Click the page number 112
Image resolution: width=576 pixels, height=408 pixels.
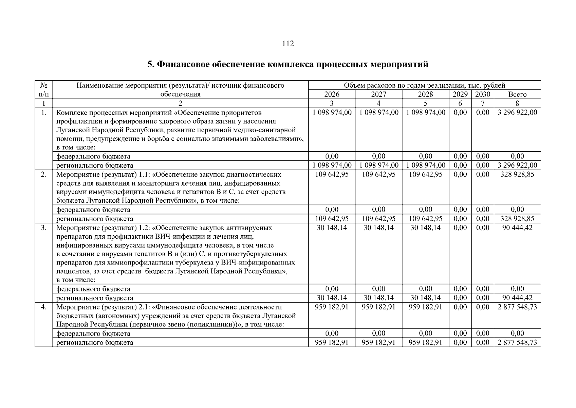coord(288,44)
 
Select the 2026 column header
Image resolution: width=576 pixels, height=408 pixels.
coord(332,94)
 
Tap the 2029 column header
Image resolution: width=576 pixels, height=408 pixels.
coord(460,94)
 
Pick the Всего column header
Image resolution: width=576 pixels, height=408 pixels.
coord(517,94)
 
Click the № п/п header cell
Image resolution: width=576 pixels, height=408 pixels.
coord(44,90)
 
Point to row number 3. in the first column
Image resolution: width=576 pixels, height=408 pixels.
coord(44,228)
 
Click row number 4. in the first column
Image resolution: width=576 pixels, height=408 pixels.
coord(44,307)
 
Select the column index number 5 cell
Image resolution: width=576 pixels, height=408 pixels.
coord(425,103)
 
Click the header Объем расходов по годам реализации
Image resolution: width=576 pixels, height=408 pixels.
coord(424,85)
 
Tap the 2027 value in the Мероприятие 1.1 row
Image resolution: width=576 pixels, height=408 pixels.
coord(378,174)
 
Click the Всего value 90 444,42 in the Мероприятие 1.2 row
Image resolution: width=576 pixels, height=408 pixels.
coord(517,228)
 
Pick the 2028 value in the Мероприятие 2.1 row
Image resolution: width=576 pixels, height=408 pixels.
coord(425,307)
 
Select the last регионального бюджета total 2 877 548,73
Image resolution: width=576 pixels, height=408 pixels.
coord(517,342)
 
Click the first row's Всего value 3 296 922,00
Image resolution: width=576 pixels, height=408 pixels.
coord(517,113)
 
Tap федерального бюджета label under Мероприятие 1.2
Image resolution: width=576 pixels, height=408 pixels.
coord(93,289)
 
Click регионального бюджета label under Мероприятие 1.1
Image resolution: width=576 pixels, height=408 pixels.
coord(94,219)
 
